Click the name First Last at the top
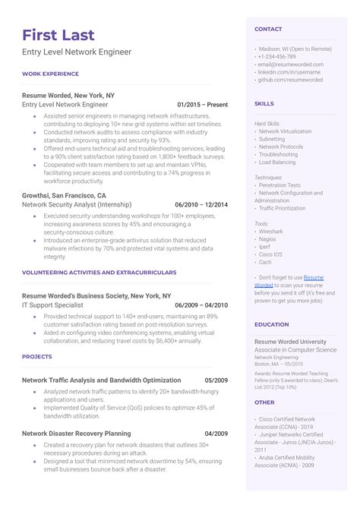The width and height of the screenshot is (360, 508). click(x=59, y=35)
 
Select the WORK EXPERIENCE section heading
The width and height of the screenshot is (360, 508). click(x=50, y=74)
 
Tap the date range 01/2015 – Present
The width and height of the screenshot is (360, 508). click(x=202, y=104)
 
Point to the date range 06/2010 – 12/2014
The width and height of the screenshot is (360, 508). click(x=201, y=204)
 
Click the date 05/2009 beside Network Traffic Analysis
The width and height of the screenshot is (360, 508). click(x=216, y=380)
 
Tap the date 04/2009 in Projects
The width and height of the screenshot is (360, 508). click(x=216, y=433)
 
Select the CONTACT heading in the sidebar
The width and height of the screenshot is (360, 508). click(x=268, y=29)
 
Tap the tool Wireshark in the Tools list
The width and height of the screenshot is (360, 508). click(x=271, y=232)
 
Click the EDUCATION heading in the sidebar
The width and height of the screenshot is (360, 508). click(x=271, y=324)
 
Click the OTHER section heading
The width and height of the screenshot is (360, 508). click(x=264, y=402)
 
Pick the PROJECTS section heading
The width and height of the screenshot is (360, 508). click(x=37, y=356)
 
